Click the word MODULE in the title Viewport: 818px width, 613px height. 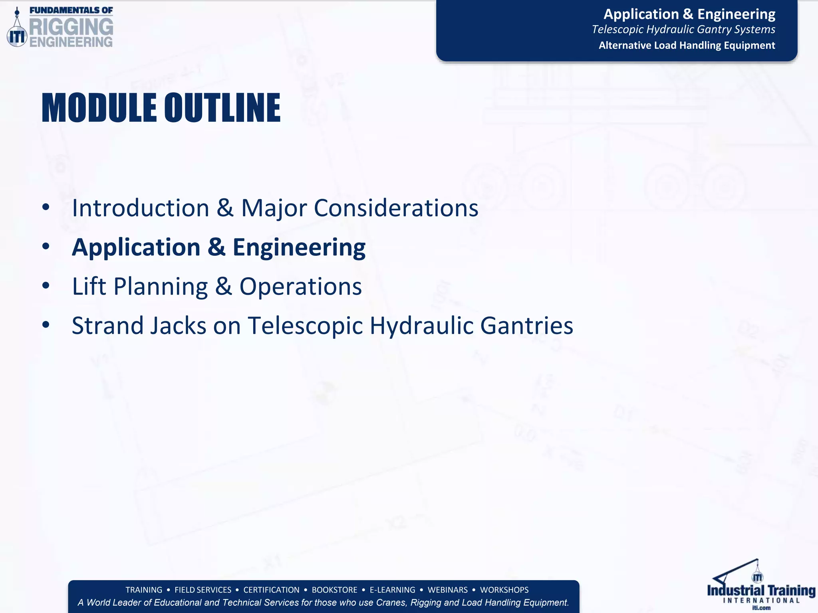point(99,108)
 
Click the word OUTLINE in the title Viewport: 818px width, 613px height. point(222,108)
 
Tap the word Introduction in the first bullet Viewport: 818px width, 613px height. point(141,208)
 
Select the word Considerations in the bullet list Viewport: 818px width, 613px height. point(396,208)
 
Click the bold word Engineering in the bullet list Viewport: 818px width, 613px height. point(299,247)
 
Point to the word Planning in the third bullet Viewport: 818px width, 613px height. point(161,287)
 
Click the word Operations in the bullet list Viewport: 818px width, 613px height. point(300,287)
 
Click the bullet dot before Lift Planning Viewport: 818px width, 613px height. point(46,286)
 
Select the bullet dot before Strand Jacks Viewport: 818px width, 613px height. point(46,325)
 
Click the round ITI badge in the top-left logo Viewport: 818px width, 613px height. point(17,37)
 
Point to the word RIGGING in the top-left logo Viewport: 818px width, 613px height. point(71,27)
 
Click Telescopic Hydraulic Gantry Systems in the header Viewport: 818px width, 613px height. point(683,30)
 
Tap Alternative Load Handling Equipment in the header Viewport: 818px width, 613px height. point(687,45)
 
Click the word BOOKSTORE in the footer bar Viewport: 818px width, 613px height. point(334,590)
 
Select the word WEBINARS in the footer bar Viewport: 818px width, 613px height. point(447,590)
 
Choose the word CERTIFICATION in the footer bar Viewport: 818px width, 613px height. point(271,590)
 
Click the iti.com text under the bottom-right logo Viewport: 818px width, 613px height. point(761,608)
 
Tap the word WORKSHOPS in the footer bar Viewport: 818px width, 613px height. point(504,590)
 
